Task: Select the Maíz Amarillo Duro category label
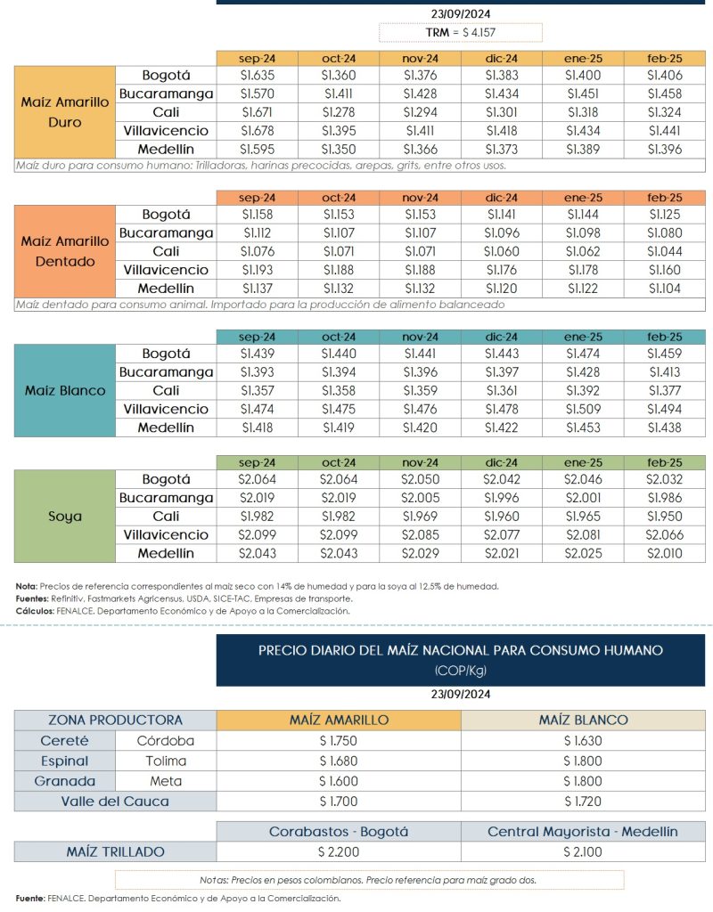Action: pos(65,112)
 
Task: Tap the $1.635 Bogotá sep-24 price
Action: pos(256,76)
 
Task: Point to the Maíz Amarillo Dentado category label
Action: pos(65,251)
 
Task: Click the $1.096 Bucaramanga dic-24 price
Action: pos(501,233)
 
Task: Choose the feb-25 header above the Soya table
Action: pos(664,462)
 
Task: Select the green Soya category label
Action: pos(65,516)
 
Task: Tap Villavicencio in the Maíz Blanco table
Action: pos(165,410)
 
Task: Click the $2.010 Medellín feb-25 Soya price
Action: pos(664,554)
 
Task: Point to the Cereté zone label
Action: pos(65,740)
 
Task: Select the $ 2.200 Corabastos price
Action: pos(339,851)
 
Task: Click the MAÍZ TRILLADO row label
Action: pos(116,851)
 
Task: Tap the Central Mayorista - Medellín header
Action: pos(583,832)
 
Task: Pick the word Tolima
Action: pos(167,761)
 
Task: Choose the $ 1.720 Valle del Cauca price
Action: pos(583,801)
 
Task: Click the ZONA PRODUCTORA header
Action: pos(116,720)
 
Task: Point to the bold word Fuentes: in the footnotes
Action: pos(32,598)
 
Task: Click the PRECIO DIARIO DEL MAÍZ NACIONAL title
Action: pos(460,650)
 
